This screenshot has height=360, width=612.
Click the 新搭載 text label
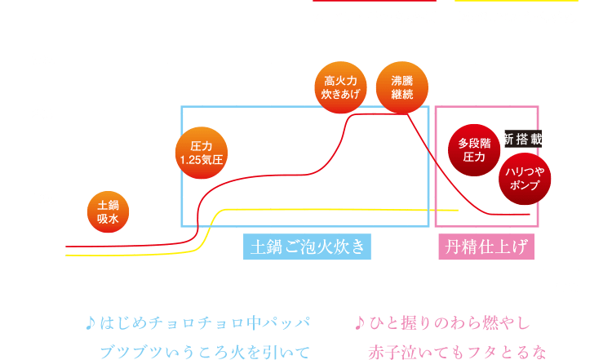(x=522, y=138)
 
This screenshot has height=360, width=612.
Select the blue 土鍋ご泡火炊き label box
(x=308, y=246)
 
